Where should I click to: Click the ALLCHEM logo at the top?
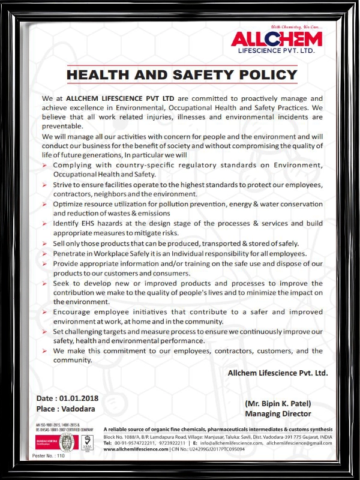pyautogui.click(x=277, y=39)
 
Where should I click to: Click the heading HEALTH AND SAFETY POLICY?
pyautogui.click(x=182, y=75)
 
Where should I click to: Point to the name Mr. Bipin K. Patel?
pyautogui.click(x=277, y=403)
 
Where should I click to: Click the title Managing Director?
pyautogui.click(x=277, y=413)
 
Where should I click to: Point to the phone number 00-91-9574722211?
pyautogui.click(x=133, y=443)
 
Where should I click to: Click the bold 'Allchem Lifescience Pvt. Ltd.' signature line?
pyautogui.click(x=278, y=373)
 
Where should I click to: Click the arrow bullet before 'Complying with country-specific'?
pyautogui.click(x=45, y=165)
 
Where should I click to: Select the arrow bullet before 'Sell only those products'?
pyautogui.click(x=45, y=244)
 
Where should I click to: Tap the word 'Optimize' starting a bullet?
pyautogui.click(x=69, y=204)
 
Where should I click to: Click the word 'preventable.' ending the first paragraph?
pyautogui.click(x=62, y=127)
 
